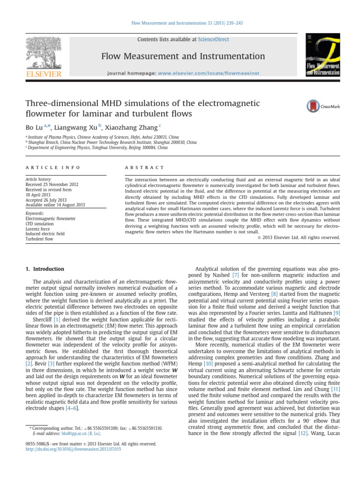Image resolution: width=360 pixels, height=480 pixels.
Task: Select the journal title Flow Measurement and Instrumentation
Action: point(183,57)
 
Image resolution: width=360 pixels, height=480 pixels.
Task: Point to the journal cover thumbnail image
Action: point(322,55)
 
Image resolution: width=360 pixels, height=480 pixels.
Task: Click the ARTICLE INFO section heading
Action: point(52,167)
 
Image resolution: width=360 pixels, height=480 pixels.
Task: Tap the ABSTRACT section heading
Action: point(144,167)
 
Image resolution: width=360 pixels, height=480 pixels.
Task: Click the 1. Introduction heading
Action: point(44,269)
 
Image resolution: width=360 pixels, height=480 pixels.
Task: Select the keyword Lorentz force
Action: point(39,229)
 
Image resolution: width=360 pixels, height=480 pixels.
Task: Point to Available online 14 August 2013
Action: point(55,204)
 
